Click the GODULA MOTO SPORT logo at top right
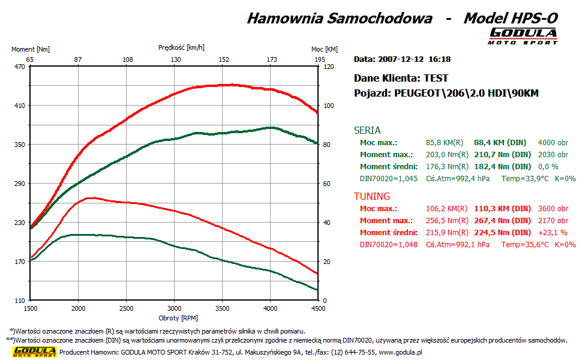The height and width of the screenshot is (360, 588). click(x=523, y=35)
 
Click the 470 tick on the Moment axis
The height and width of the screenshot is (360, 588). click(x=19, y=67)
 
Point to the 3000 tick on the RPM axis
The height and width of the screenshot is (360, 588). click(x=174, y=308)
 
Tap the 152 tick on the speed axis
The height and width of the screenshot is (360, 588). click(x=224, y=59)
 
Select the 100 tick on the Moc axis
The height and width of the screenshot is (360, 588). click(x=328, y=106)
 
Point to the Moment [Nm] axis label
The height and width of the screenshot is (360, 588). click(x=31, y=49)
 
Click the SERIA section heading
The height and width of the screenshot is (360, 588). click(x=367, y=130)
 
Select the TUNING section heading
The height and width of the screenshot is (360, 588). click(x=372, y=196)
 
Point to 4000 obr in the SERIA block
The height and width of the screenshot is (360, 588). click(x=554, y=143)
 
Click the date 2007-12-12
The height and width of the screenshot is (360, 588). click(x=401, y=59)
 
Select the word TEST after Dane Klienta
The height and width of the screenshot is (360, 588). click(x=436, y=78)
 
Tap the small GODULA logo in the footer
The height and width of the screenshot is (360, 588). click(x=35, y=352)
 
